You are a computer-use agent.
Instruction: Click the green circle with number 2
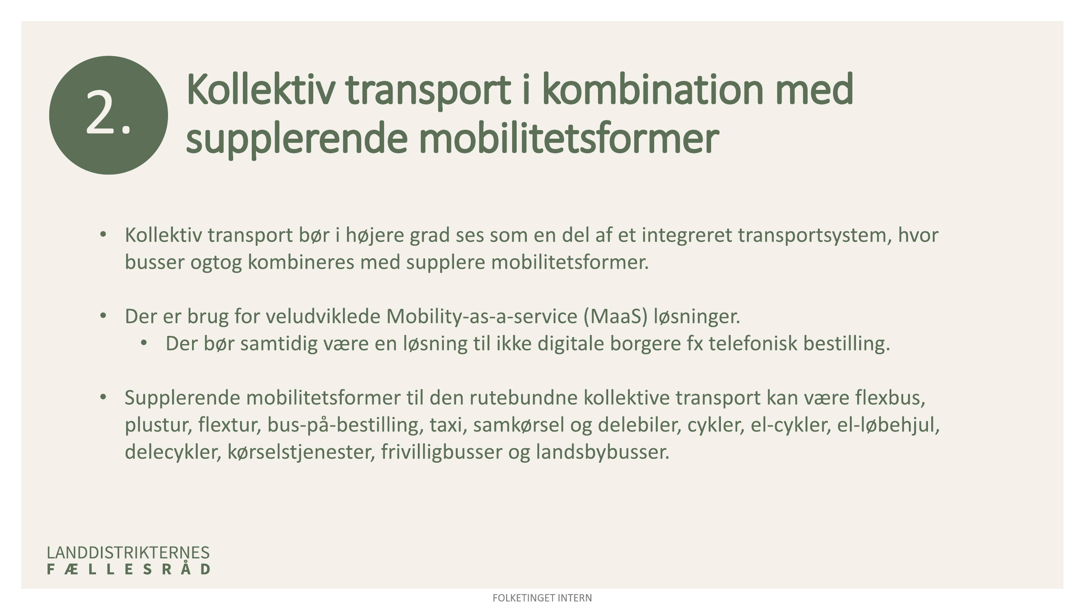click(108, 115)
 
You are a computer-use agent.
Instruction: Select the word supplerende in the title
click(297, 141)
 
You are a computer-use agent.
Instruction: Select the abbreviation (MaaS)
click(616, 316)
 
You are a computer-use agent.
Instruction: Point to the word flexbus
click(890, 398)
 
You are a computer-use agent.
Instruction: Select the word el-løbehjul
click(889, 425)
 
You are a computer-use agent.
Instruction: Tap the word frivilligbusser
click(442, 452)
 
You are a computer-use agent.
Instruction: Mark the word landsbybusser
click(603, 452)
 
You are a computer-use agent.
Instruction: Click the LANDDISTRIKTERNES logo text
click(128, 553)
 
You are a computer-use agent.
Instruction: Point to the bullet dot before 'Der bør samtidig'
click(144, 344)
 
